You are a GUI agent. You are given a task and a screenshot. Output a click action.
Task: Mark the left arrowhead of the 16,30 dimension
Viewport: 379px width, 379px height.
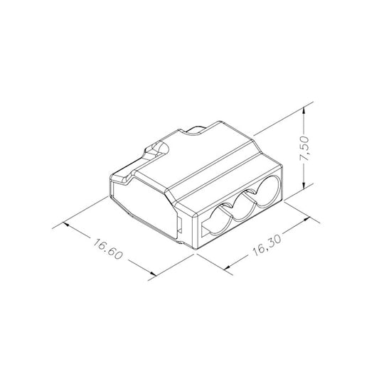pos(227,266)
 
